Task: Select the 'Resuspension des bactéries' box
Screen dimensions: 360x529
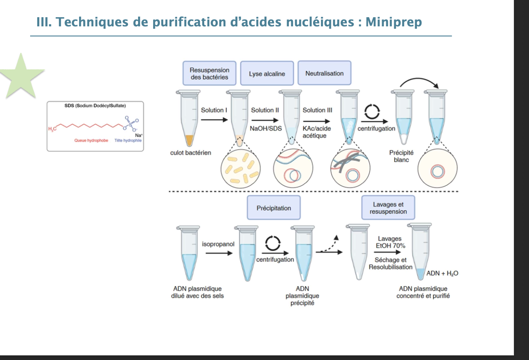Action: click(209, 73)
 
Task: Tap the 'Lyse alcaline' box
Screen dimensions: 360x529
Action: click(267, 74)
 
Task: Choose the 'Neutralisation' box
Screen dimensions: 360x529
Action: click(324, 73)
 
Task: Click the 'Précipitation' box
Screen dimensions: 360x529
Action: click(274, 208)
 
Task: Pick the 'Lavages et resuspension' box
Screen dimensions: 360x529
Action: click(388, 208)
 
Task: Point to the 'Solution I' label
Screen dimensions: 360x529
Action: click(214, 110)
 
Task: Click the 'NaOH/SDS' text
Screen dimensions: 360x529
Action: click(266, 128)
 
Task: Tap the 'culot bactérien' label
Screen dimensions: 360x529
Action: click(190, 152)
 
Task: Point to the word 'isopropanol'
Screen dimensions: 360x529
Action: click(218, 244)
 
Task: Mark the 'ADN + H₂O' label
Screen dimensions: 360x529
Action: click(442, 273)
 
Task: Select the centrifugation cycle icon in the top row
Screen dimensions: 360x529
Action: click(372, 111)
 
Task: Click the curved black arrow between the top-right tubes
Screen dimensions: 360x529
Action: click(419, 82)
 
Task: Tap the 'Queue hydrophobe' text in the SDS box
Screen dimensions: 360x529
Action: click(91, 141)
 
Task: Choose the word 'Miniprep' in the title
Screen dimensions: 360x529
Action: click(393, 22)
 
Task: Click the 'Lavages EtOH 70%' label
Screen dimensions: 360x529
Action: click(390, 242)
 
